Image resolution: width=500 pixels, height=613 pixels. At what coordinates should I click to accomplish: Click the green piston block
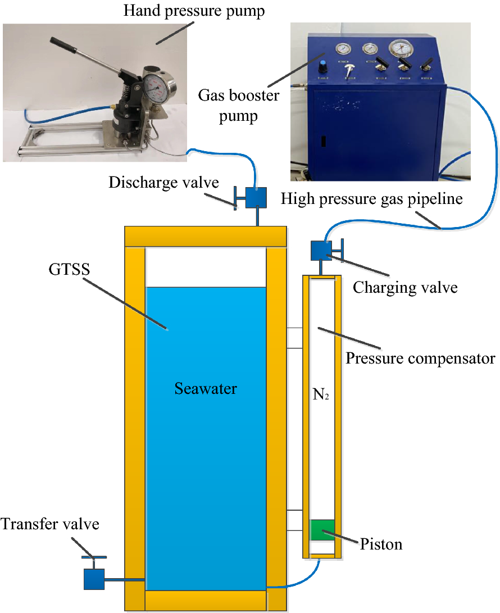coord(322,530)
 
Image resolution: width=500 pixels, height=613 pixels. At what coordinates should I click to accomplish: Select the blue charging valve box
coord(321,249)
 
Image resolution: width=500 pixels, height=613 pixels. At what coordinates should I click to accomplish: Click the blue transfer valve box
coord(94,579)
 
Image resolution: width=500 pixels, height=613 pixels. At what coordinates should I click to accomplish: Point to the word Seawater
coord(206,388)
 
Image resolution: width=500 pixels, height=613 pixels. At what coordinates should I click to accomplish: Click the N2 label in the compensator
coord(320,395)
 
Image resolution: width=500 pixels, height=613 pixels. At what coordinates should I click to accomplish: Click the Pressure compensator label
coord(420,358)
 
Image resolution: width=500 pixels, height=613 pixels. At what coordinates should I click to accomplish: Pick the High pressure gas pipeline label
coord(372,198)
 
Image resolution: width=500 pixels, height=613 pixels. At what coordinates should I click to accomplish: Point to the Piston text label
coord(381,544)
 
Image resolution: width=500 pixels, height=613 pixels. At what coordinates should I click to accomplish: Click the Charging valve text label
coord(404,288)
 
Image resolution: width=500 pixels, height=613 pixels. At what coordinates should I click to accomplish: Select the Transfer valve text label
coord(50,524)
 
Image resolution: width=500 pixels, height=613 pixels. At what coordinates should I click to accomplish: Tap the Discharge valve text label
coord(164,183)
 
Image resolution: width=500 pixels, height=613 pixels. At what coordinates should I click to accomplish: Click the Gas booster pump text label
coord(238,106)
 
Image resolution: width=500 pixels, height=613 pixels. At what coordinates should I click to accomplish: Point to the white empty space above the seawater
coord(206,266)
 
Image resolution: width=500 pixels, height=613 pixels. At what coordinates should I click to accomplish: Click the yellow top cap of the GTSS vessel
coord(206,236)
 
